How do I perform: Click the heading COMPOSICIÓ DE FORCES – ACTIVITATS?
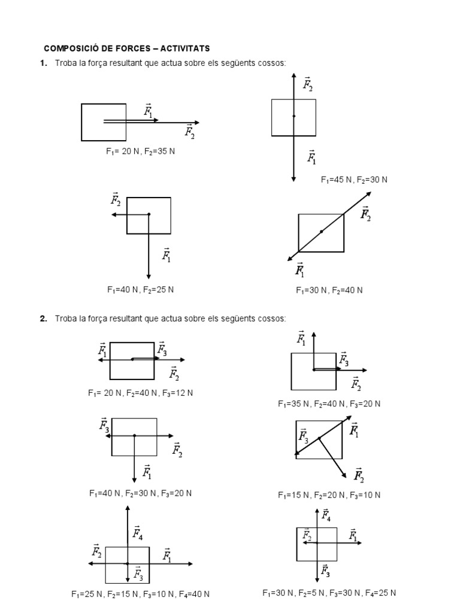(x=127, y=48)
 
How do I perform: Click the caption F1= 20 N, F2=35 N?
(x=140, y=151)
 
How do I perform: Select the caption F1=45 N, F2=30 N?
(x=354, y=180)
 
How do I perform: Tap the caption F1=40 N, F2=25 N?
(x=141, y=290)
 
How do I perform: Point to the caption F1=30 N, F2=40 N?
(x=329, y=290)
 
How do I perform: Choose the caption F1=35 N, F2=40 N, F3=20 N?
(x=329, y=404)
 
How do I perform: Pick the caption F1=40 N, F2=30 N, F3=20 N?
(x=141, y=493)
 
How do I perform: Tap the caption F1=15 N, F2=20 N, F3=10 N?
(x=329, y=495)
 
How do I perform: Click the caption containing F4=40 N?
(x=140, y=594)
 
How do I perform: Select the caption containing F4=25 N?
(x=329, y=593)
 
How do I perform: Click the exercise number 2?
(x=43, y=318)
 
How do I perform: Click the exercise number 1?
(x=43, y=63)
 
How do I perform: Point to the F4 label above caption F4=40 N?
(x=138, y=532)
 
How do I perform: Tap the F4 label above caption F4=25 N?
(x=326, y=514)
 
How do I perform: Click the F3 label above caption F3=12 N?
(x=162, y=348)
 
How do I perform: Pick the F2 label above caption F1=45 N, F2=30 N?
(x=308, y=84)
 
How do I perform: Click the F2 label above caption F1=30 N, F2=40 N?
(x=365, y=214)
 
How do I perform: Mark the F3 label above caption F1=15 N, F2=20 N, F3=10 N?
(x=304, y=435)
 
